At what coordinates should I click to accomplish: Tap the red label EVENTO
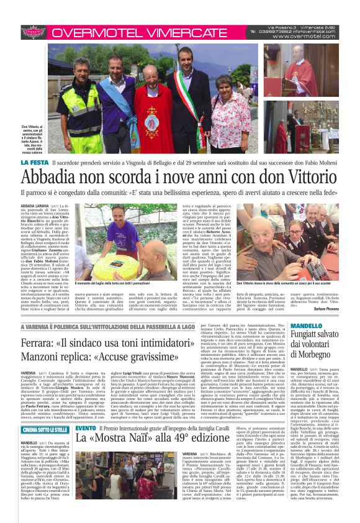(86, 446)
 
